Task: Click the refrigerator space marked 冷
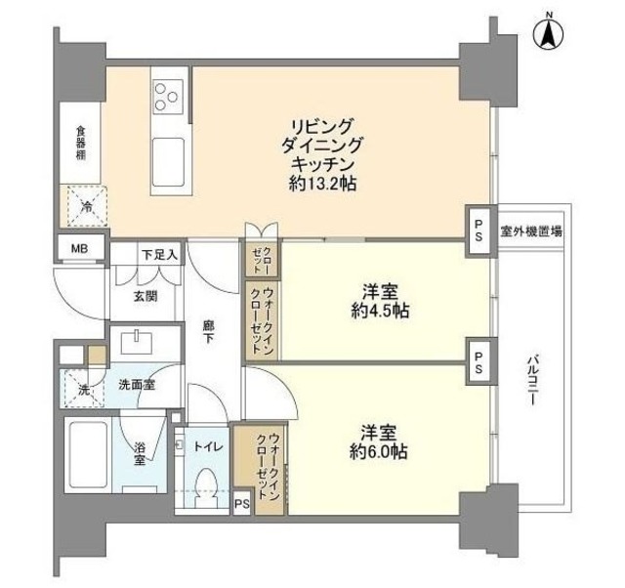coord(85,206)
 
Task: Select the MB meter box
coord(78,248)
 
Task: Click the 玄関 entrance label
coord(146,297)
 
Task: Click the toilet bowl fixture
coord(206,485)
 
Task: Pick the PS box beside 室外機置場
coord(479,232)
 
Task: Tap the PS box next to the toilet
coord(241,504)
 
